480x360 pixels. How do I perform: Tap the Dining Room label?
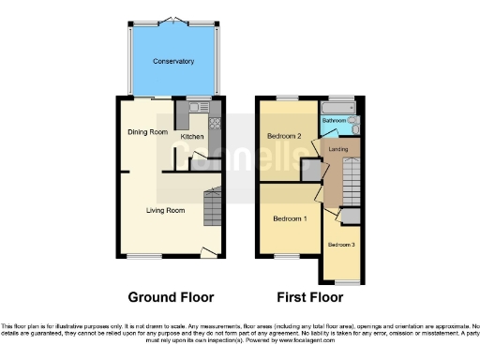coord(147,132)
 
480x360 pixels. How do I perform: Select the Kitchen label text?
coord(192,137)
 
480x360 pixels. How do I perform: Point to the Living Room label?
coord(165,210)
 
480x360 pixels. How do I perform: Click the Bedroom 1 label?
coord(290,219)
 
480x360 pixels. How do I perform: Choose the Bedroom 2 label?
coord(284,136)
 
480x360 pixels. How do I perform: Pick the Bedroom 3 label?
coord(341,245)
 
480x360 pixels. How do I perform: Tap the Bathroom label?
coord(335,121)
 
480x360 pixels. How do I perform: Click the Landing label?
coord(338,149)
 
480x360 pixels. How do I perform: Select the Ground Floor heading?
coord(165,298)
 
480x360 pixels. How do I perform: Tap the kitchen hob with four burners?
coord(215,122)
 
